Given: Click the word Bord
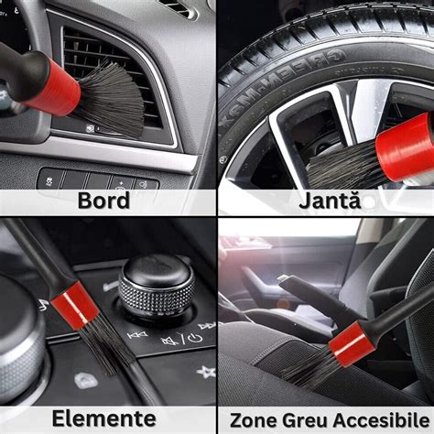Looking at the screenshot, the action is pyautogui.click(x=103, y=201).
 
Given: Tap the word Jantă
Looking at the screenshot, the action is pyautogui.click(x=330, y=201).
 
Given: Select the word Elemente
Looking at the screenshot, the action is pyautogui.click(x=104, y=418).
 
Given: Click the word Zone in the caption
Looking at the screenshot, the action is pyautogui.click(x=254, y=420).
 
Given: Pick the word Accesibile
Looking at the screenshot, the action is pyautogui.click(x=381, y=420).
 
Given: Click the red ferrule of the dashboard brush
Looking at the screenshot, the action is pyautogui.click(x=54, y=88).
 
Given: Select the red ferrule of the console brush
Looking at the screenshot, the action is pyautogui.click(x=75, y=305).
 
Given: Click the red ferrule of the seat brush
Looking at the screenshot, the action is pyautogui.click(x=352, y=344).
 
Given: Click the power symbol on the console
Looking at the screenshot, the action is pyautogui.click(x=195, y=337).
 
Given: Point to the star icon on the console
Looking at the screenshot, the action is pyautogui.click(x=206, y=372).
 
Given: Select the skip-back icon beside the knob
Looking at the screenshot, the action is pyautogui.click(x=137, y=335).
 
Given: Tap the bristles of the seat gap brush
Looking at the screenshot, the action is pyautogui.click(x=309, y=369).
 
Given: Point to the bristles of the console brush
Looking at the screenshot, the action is pyautogui.click(x=108, y=346).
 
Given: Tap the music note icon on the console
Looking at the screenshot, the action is pyautogui.click(x=42, y=305).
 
